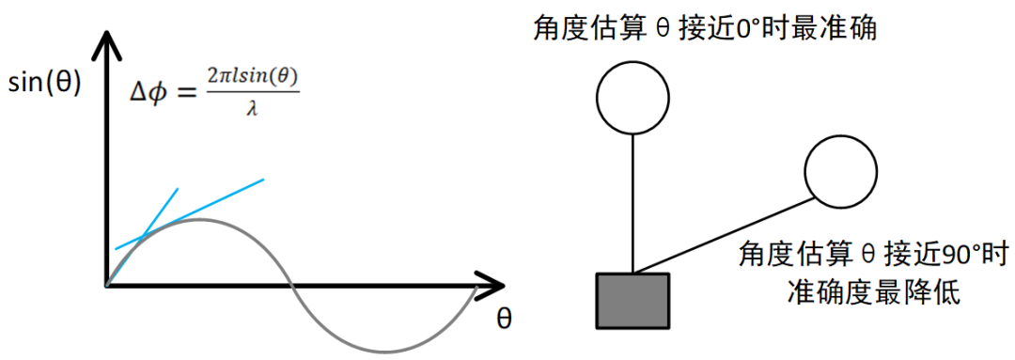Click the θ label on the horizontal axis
click(x=504, y=319)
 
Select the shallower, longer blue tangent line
click(x=216, y=202)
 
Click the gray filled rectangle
click(x=632, y=301)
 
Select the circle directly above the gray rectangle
click(x=632, y=96)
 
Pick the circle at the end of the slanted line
click(x=841, y=170)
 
